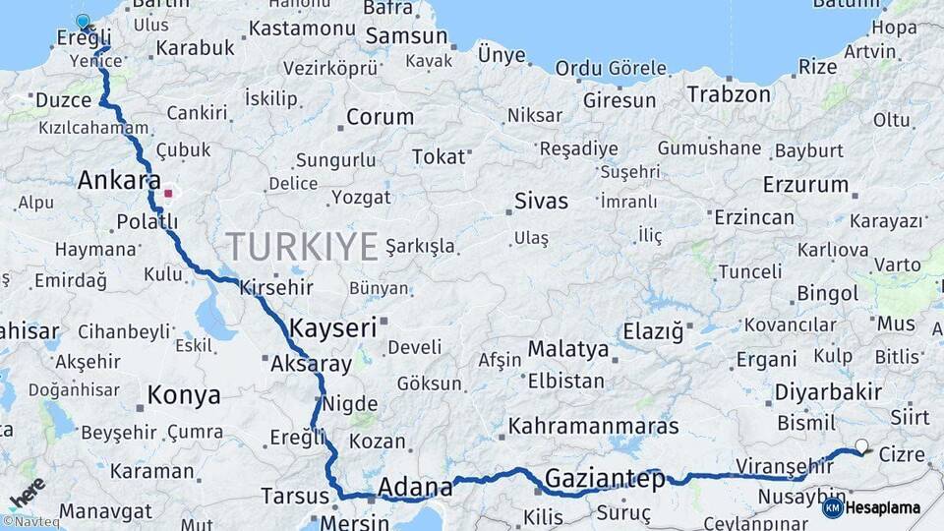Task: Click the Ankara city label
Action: point(119,181)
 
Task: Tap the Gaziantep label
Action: point(605,480)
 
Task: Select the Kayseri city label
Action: point(333,327)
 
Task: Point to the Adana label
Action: point(415,487)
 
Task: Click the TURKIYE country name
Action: point(302,246)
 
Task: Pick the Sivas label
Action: point(541,202)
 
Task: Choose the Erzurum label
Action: point(806,185)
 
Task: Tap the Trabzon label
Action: point(729,95)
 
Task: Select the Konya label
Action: point(184,396)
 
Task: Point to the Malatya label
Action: point(568,349)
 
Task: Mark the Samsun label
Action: point(406,37)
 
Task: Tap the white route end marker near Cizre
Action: point(862,446)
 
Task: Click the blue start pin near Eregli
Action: point(83,22)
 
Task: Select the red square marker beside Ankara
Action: point(168,194)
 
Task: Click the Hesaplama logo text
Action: point(882,508)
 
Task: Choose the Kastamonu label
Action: point(301,29)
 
